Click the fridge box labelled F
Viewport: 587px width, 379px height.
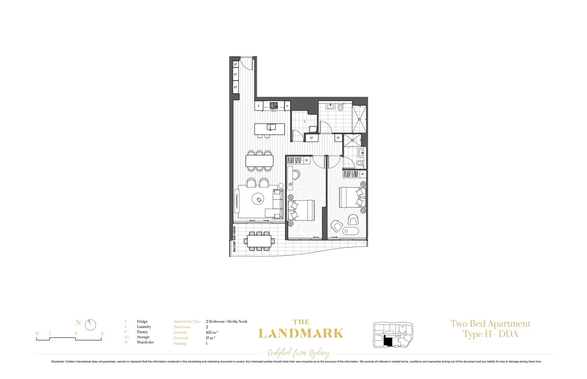click(x=259, y=106)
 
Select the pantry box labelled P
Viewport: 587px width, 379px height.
click(x=287, y=106)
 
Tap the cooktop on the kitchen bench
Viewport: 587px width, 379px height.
click(x=274, y=106)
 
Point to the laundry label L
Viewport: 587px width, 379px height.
click(x=305, y=121)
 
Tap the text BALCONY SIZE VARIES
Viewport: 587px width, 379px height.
click(x=234, y=239)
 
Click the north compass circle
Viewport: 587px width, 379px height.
click(x=90, y=325)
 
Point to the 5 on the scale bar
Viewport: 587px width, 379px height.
click(x=102, y=333)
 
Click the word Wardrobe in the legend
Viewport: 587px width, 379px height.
click(x=145, y=342)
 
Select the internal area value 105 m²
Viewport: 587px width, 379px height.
click(x=212, y=332)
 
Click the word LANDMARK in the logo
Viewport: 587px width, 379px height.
click(x=301, y=333)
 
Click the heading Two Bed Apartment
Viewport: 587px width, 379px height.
click(x=490, y=324)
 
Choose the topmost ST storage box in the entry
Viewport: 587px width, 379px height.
click(x=235, y=65)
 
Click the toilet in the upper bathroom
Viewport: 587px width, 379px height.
click(x=340, y=108)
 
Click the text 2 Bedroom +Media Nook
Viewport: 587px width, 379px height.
click(x=227, y=321)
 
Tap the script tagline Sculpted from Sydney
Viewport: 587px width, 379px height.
click(x=298, y=353)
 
